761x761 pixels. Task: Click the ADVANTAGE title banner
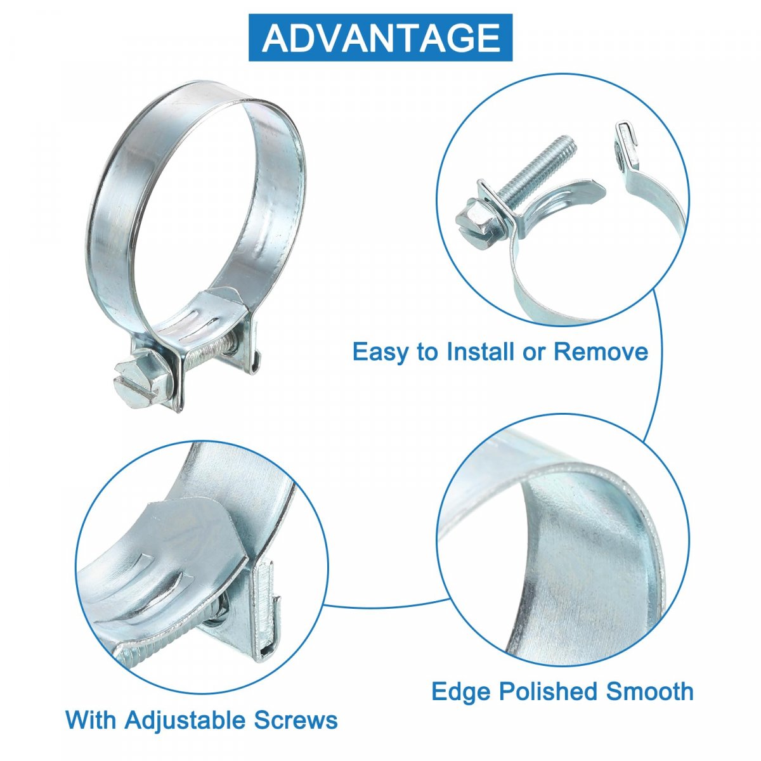pyautogui.click(x=380, y=37)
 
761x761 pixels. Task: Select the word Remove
pyautogui.click(x=601, y=351)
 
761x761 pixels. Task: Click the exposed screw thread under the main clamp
pyautogui.click(x=209, y=349)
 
